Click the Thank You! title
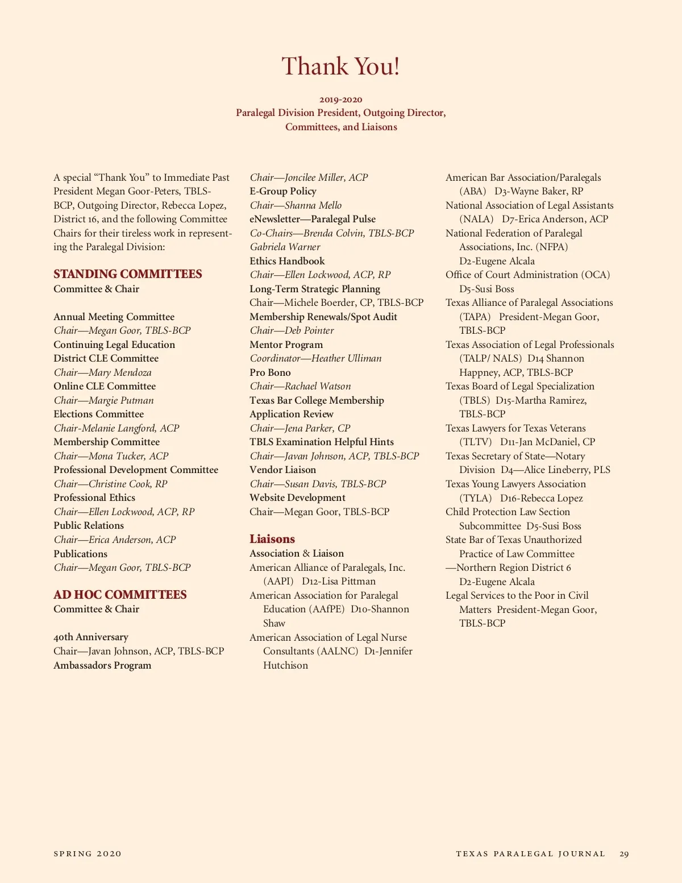pos(341,67)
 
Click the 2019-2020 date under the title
pos(340,100)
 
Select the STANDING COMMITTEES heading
pos(128,274)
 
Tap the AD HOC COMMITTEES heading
pos(120,595)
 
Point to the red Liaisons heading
pos(272,539)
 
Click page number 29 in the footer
pos(624,853)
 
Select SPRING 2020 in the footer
pos(88,853)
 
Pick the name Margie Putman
pos(121,400)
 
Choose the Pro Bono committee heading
pos(270,372)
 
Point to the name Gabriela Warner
pos(285,247)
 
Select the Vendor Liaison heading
pos(282,470)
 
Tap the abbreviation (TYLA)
pos(475,498)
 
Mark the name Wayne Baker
pos(540,191)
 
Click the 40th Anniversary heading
pos(91,637)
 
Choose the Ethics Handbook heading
pos(287,261)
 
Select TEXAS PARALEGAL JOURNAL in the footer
pos(530,853)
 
